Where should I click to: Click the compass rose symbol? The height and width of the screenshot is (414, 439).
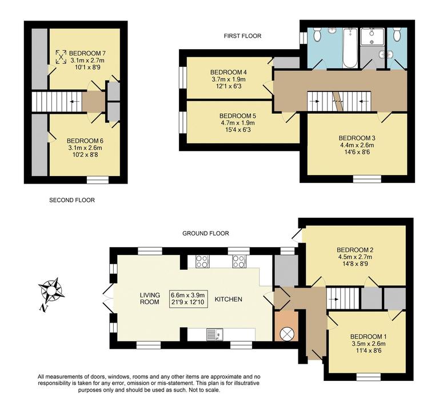click(x=52, y=289)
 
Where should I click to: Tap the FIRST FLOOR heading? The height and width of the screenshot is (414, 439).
click(x=242, y=36)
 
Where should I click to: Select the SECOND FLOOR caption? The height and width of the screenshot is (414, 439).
click(x=72, y=200)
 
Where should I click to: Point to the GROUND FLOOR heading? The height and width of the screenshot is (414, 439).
click(x=206, y=233)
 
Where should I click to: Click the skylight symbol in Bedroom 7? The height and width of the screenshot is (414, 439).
click(x=61, y=57)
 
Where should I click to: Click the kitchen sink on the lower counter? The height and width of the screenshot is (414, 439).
click(x=213, y=333)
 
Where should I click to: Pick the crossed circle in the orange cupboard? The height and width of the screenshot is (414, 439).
click(x=286, y=332)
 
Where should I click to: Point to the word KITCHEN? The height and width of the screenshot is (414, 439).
click(x=229, y=299)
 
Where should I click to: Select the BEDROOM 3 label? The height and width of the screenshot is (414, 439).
click(x=357, y=138)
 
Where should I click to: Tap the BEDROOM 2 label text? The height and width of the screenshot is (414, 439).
click(x=355, y=250)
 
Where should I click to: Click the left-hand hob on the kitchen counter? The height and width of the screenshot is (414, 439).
click(x=202, y=261)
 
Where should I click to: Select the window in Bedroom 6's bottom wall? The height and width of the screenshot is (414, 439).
click(x=98, y=180)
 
